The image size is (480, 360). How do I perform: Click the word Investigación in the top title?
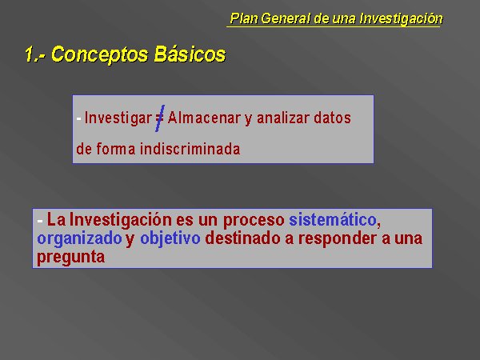(401, 18)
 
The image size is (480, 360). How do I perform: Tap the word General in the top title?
(286, 18)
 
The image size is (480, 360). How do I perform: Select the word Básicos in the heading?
(190, 54)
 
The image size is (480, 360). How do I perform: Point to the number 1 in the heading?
(30, 54)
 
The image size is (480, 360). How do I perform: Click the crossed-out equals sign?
(160, 118)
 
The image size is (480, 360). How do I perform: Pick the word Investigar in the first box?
(118, 118)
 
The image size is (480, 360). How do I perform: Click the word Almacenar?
(203, 118)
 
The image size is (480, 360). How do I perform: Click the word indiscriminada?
(190, 149)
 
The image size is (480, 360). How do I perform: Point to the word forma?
(116, 149)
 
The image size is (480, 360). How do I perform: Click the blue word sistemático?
(333, 219)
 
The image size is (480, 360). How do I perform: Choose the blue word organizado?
(79, 238)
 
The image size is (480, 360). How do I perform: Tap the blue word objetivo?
(170, 238)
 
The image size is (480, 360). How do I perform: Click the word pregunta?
(70, 258)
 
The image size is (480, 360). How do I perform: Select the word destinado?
(242, 238)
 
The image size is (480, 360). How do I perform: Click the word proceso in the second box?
(254, 221)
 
